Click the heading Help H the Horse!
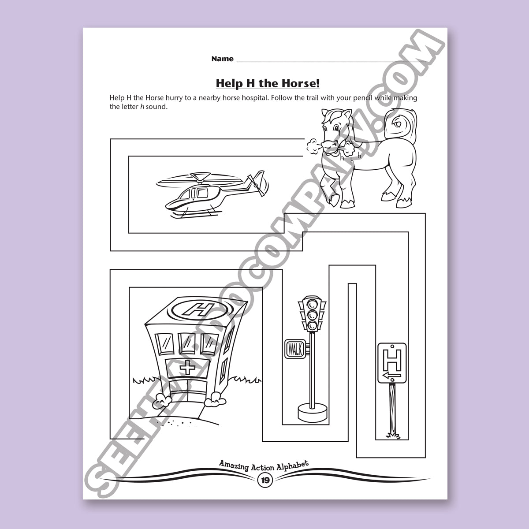pos(268,83)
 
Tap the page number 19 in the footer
pos(265,488)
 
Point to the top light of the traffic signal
pos(312,304)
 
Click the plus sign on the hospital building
pos(187,368)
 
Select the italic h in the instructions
pos(142,107)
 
